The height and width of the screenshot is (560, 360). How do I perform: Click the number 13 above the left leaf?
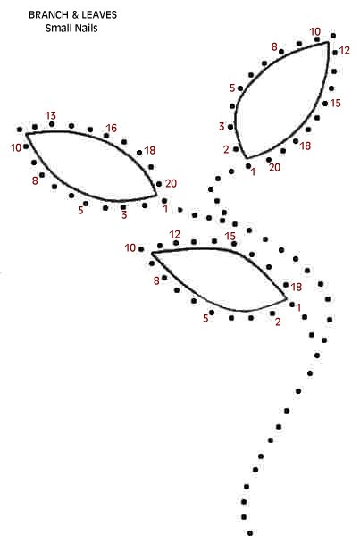point(50,116)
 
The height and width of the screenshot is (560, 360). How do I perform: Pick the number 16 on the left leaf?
point(112,129)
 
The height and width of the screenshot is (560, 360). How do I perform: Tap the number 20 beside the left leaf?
point(172,184)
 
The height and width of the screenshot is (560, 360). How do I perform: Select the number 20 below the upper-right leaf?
point(274,167)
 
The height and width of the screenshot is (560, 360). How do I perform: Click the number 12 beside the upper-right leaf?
point(344,51)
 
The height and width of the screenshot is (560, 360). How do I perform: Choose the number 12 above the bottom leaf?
point(175,235)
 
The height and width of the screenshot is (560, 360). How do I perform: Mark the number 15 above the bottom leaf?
point(230,237)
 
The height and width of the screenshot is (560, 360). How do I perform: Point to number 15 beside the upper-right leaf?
point(335,104)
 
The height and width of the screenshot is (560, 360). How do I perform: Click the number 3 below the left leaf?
point(124,215)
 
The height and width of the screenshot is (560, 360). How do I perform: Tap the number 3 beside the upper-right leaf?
point(222,126)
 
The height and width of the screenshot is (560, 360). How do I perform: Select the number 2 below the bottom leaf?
point(278,322)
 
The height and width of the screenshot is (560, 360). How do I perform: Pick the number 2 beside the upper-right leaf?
point(226,150)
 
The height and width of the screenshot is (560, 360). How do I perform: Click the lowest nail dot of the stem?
point(250,533)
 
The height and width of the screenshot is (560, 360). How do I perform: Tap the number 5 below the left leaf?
point(80,211)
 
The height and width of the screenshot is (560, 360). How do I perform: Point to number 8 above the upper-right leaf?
point(274,46)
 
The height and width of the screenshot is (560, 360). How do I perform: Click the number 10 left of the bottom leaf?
point(130,248)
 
